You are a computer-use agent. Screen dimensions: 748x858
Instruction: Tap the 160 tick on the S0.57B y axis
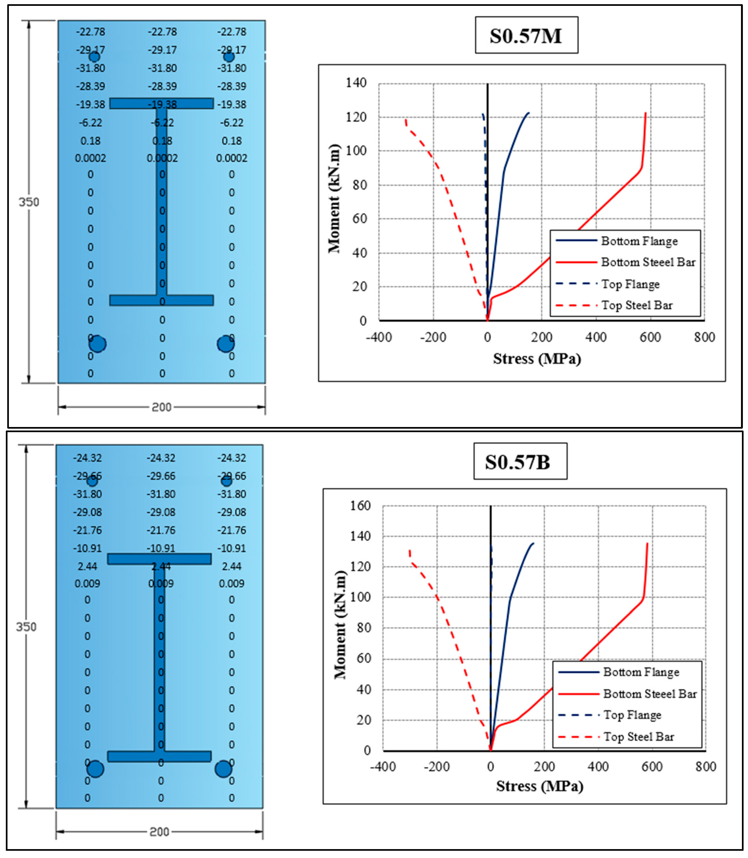(x=360, y=506)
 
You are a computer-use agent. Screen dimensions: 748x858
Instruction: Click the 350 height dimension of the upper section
(x=28, y=202)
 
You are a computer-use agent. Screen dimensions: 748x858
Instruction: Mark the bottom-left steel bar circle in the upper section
(x=97, y=344)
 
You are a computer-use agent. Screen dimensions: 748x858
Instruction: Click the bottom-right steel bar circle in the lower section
(x=223, y=769)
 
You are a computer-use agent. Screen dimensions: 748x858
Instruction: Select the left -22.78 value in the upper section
(x=91, y=32)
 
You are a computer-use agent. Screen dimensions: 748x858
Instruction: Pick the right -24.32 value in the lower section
(x=232, y=458)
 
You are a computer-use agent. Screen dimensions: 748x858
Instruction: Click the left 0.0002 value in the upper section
(x=91, y=158)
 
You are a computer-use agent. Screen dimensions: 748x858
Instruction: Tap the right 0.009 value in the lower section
(x=232, y=583)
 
